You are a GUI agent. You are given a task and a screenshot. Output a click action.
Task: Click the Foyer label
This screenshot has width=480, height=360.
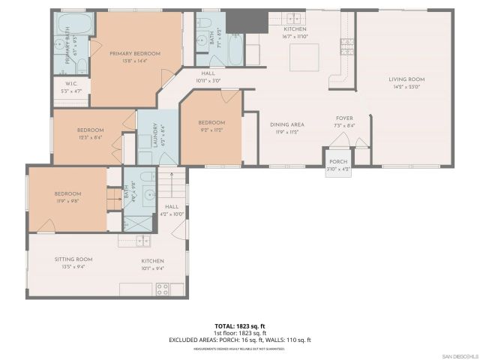click(x=343, y=118)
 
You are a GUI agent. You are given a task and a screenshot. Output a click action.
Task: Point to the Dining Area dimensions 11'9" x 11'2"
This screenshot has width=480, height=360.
click(x=286, y=132)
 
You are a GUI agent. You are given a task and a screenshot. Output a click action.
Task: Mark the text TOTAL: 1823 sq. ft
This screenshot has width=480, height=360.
click(x=240, y=325)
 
